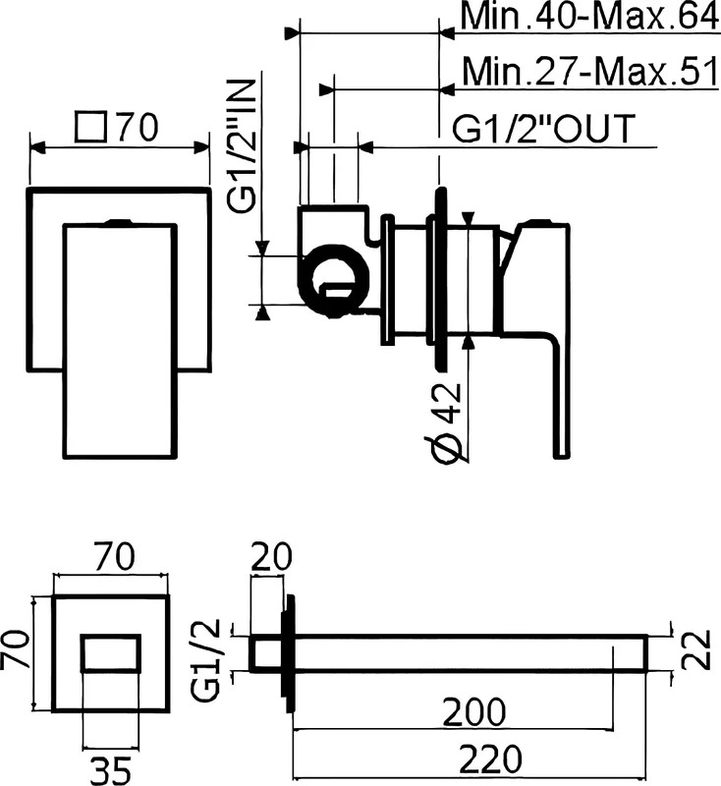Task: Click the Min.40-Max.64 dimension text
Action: point(589,17)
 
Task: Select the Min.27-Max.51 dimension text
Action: point(590,72)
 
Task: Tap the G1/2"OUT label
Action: point(544,129)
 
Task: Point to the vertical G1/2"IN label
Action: point(242,145)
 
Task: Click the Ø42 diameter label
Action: point(445,424)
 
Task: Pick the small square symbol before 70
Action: point(91,127)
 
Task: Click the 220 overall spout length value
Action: point(490,758)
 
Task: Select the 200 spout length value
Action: point(474,711)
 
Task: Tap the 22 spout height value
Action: point(696,650)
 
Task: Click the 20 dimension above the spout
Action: point(271,556)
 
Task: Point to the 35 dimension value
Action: point(111,770)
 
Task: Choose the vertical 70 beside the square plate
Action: point(16,650)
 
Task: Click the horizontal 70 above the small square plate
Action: point(114,557)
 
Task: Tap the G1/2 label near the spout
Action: point(205,659)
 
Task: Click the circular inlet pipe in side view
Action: point(335,281)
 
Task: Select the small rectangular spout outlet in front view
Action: point(111,652)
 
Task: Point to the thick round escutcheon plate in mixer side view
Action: point(440,279)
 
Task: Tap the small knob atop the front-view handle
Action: point(120,222)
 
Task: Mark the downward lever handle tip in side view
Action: point(562,455)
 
